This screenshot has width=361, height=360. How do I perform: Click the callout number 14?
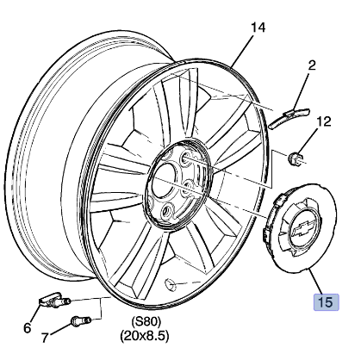point(258,28)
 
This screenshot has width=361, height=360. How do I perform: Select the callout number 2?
point(312,65)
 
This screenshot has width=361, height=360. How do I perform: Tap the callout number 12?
point(324,121)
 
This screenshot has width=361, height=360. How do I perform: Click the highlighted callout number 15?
point(326,302)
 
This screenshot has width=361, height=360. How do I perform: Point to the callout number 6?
point(27,327)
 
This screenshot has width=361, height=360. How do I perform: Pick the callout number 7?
point(44,338)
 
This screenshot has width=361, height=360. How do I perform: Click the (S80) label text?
point(146,321)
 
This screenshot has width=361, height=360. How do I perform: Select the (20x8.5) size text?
point(144,336)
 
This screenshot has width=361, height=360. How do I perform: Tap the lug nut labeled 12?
point(296,158)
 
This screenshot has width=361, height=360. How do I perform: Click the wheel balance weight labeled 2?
point(289,118)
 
